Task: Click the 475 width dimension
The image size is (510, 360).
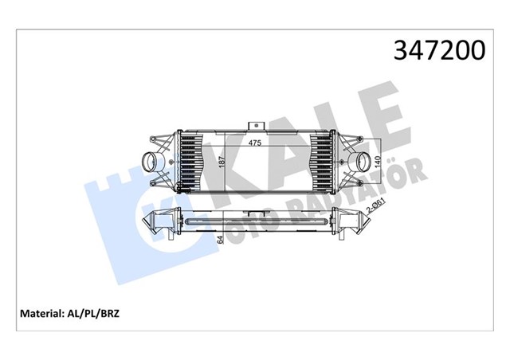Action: pos(255,143)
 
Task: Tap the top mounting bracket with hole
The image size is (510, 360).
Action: pos(256,126)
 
